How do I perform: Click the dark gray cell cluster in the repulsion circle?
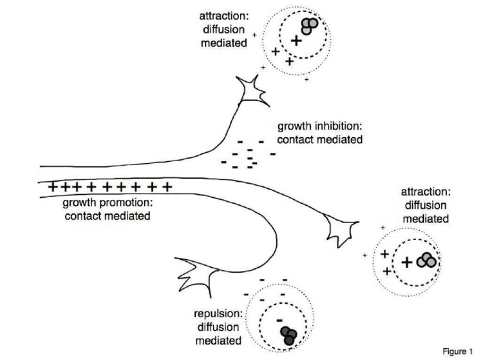288,335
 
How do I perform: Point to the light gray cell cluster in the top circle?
309,25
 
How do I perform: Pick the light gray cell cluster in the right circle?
427,260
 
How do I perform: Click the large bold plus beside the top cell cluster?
297,40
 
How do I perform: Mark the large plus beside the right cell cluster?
407,261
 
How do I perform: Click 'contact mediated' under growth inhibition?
320,141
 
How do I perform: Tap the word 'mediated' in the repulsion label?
219,340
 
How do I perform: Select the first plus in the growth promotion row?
54,187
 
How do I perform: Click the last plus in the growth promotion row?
168,187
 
